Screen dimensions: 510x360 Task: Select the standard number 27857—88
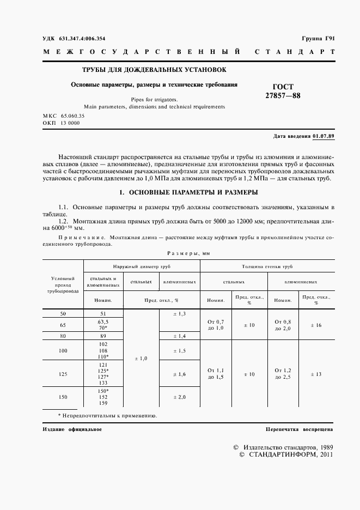click(283, 96)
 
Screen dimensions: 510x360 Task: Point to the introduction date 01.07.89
click(325, 136)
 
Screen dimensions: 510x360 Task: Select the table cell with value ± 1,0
click(141, 358)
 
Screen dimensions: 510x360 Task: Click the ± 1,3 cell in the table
click(179, 314)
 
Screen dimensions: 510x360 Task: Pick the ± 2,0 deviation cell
click(179, 397)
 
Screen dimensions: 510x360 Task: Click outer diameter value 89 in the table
click(103, 336)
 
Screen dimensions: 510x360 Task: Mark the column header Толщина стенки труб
click(267, 267)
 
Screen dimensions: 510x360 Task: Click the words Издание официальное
click(72, 429)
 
